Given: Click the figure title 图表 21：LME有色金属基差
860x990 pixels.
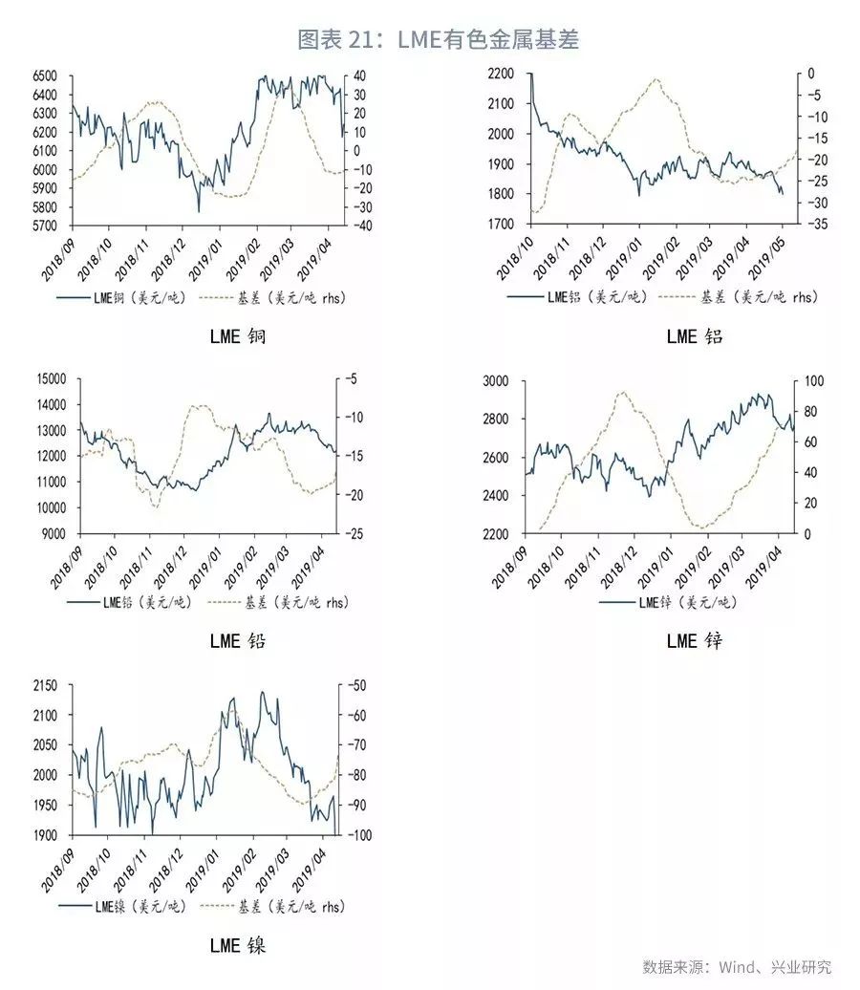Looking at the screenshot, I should click(x=439, y=39).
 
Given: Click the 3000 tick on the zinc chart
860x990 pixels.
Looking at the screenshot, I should click(x=499, y=381).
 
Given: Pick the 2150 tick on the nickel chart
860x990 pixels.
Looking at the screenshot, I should click(x=42, y=686).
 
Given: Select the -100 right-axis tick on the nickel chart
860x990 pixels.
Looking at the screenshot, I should click(x=357, y=836).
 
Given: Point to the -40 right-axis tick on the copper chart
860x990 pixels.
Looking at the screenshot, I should click(x=358, y=226).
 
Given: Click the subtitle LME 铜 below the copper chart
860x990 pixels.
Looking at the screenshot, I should click(x=238, y=336).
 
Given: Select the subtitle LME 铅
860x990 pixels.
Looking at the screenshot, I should click(x=238, y=640).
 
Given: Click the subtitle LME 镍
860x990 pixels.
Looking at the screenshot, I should click(x=238, y=946).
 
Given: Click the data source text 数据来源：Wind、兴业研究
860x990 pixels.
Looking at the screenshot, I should click(x=737, y=967).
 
